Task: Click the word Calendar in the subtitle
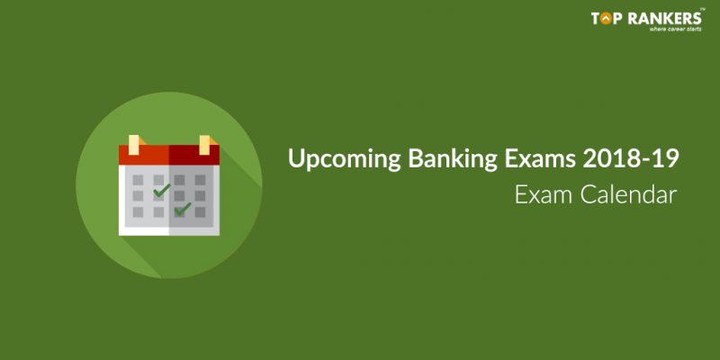[628, 194]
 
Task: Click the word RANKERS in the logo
[664, 18]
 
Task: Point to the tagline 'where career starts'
[675, 29]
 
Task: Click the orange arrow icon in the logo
[606, 18]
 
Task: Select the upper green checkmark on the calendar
[161, 190]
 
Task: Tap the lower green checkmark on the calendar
[183, 209]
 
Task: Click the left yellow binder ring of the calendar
[133, 145]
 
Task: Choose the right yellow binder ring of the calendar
[204, 145]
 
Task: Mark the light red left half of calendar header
[144, 155]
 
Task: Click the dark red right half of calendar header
[194, 155]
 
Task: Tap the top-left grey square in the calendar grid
[138, 180]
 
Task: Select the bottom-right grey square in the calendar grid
[200, 211]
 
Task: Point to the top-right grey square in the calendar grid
[200, 180]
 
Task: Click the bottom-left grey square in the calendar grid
[138, 211]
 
